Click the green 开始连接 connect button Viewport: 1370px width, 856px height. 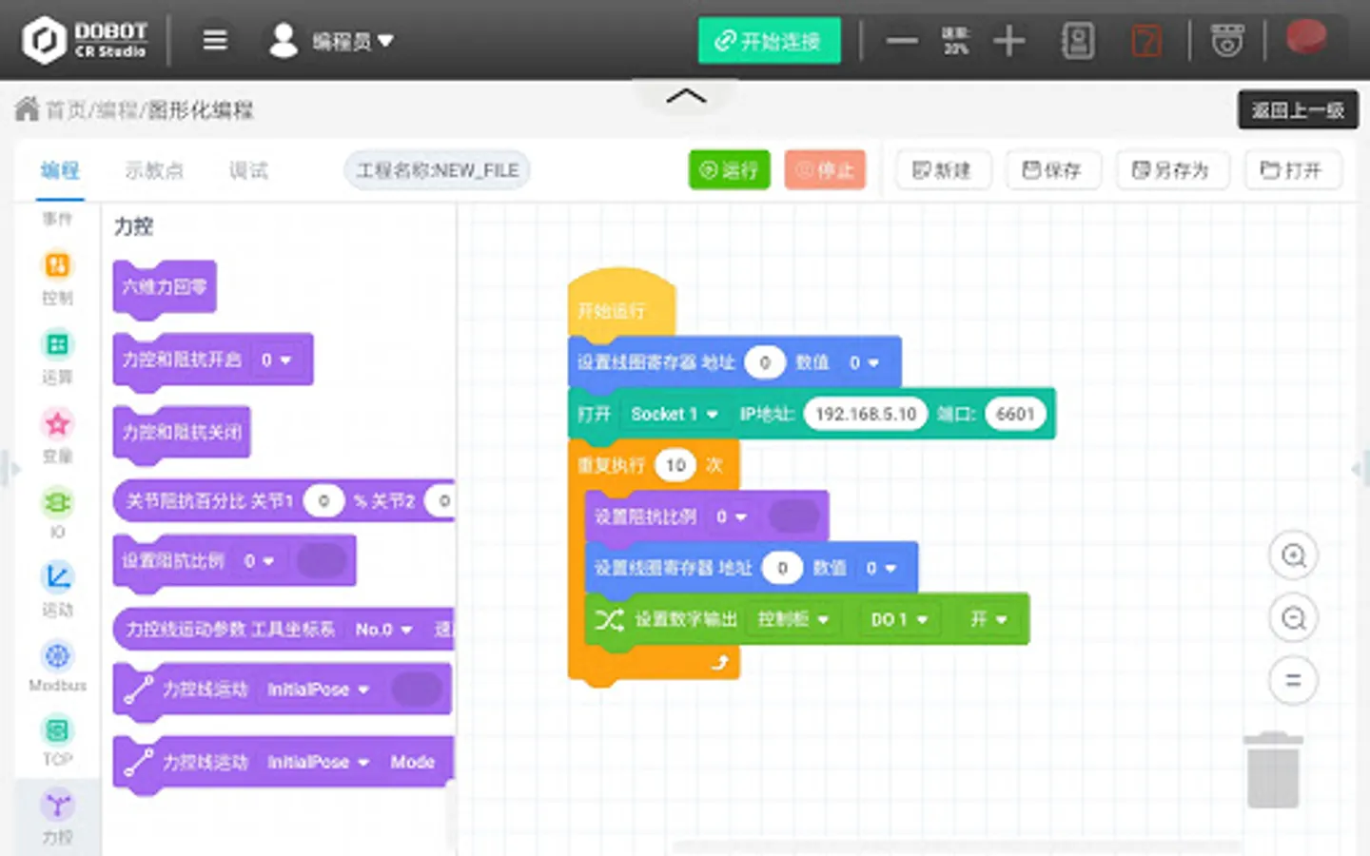(769, 41)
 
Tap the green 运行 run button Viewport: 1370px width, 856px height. (729, 170)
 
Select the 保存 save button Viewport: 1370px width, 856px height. (1052, 170)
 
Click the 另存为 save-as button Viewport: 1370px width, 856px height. (1171, 170)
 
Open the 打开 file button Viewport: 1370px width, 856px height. (1292, 170)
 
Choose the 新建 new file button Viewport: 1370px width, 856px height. (942, 170)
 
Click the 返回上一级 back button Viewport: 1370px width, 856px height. (1298, 110)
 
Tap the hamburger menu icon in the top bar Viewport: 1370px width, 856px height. (215, 40)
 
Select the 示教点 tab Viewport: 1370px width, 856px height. (154, 170)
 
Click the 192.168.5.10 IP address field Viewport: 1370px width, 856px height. (865, 414)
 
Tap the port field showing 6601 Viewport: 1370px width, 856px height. (1015, 414)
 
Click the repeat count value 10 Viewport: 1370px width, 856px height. (675, 465)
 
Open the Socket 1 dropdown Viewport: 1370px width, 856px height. (675, 414)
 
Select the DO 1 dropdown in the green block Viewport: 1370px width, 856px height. (898, 619)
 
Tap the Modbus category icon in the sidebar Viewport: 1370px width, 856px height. (57, 657)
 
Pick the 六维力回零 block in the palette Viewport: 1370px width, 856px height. (165, 287)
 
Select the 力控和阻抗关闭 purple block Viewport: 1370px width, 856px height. (182, 433)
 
